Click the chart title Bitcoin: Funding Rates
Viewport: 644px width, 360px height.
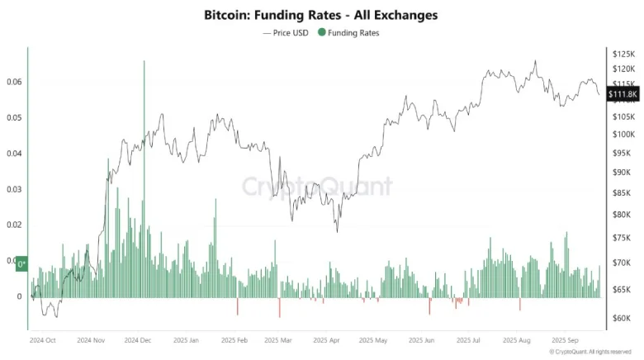pyautogui.click(x=321, y=15)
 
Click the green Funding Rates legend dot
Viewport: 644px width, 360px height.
pyautogui.click(x=323, y=33)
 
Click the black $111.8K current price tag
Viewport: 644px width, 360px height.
pyautogui.click(x=622, y=95)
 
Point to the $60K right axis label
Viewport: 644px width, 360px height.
pyautogui.click(x=621, y=318)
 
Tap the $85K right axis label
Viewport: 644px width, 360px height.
pyautogui.click(x=621, y=194)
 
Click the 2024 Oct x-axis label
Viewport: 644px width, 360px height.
pyautogui.click(x=43, y=339)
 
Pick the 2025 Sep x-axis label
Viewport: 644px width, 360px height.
pyautogui.click(x=565, y=339)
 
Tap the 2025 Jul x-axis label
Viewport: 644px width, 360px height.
pyautogui.click(x=470, y=339)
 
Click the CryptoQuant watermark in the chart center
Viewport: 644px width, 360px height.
pyautogui.click(x=317, y=185)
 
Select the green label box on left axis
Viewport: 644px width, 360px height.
pyautogui.click(x=22, y=263)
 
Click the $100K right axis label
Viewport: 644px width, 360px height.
pyautogui.click(x=621, y=134)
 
